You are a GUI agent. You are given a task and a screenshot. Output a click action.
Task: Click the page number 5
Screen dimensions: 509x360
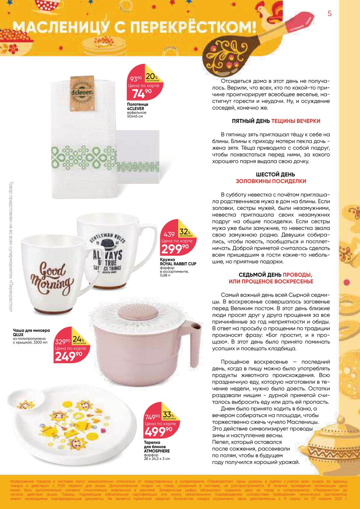[x=329, y=14]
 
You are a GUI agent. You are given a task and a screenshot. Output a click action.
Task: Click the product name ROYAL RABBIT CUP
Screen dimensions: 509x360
[x=178, y=263]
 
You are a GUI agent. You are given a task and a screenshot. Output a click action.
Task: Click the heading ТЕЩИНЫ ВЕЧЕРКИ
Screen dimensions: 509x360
[x=296, y=121]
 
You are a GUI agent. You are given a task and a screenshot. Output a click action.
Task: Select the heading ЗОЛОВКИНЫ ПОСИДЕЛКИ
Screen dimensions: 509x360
[x=271, y=181]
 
